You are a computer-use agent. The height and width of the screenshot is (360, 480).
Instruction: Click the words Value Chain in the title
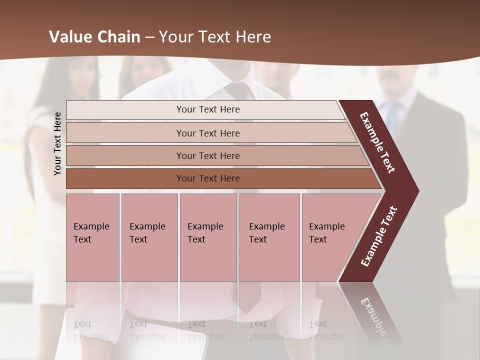(94, 37)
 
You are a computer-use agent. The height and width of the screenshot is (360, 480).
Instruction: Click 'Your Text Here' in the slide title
(215, 37)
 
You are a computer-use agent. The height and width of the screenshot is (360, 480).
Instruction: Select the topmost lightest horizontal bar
(125, 110)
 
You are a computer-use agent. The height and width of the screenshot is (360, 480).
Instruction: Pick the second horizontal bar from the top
(125, 133)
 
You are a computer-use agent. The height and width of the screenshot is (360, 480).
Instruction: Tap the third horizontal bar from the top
(125, 155)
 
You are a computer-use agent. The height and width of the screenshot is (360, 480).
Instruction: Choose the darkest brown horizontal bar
(125, 178)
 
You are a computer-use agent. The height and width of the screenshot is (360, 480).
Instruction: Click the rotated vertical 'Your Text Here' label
(57, 143)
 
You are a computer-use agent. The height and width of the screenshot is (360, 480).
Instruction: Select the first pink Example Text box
(92, 237)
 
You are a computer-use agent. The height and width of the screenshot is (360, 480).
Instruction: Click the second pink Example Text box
(149, 237)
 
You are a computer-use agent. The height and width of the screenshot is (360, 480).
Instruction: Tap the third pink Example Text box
(208, 237)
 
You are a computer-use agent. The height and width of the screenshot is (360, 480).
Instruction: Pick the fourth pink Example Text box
(269, 237)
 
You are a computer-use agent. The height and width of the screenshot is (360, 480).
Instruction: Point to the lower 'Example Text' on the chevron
(379, 236)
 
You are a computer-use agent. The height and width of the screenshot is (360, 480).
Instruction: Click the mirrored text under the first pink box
(92, 330)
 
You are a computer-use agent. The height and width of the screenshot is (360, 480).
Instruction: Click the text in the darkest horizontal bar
(208, 178)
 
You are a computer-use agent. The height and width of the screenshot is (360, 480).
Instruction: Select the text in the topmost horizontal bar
(208, 109)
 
